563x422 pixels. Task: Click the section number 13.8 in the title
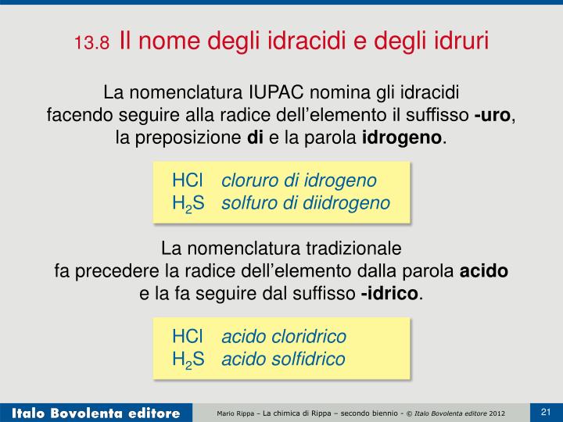click(93, 42)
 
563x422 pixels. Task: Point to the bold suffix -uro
click(493, 116)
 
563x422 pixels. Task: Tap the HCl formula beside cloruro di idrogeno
click(188, 181)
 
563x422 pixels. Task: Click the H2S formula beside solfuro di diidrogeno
click(188, 203)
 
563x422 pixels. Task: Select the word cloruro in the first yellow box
click(249, 181)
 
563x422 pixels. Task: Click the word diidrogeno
click(351, 203)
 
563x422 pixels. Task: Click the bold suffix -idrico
click(389, 295)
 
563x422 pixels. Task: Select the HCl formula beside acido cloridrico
click(188, 337)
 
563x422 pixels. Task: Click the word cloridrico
click(308, 337)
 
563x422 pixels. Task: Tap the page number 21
click(546, 411)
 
